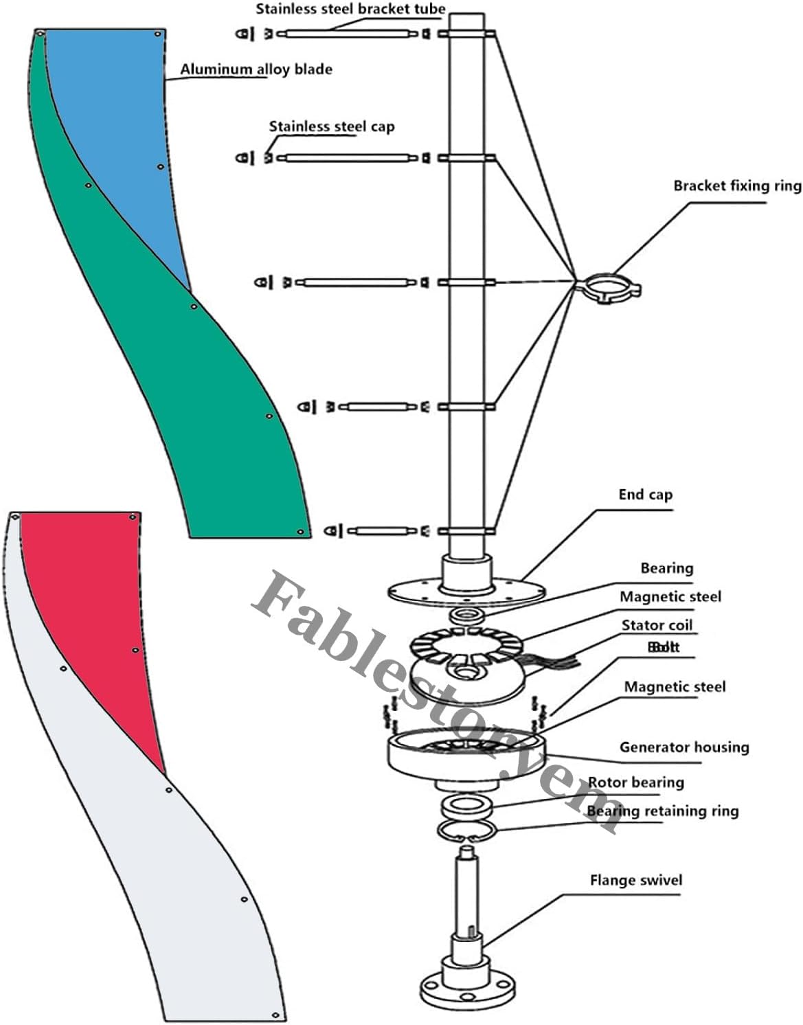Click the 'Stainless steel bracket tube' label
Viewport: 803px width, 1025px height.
350,10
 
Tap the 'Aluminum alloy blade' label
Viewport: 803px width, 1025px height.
256,69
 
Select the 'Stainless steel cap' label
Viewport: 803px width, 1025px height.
331,126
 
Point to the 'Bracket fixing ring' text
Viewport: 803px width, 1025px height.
736,185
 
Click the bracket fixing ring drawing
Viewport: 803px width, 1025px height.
609,286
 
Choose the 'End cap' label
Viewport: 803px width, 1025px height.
645,495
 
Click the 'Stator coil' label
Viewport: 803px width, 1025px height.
657,625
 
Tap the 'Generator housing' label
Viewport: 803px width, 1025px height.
683,747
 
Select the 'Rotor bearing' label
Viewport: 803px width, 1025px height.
636,782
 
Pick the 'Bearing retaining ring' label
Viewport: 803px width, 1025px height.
663,811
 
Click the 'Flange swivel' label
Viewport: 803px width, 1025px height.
636,881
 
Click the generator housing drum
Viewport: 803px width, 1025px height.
467,759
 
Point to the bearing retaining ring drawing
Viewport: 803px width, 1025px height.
467,830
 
